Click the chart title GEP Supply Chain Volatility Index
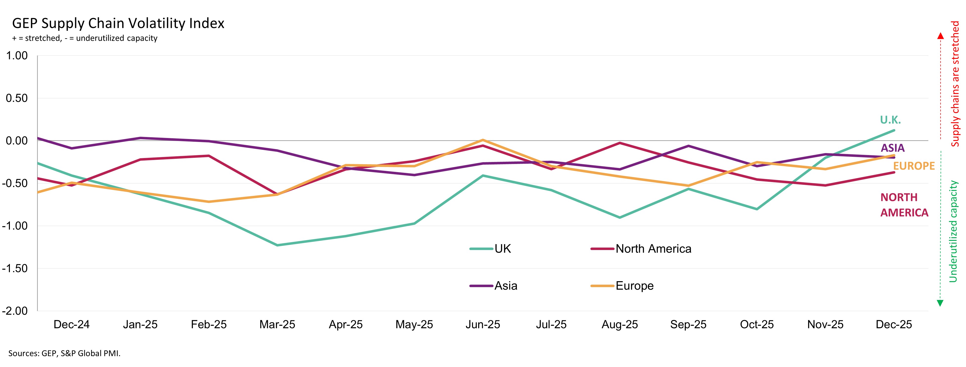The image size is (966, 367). pyautogui.click(x=118, y=23)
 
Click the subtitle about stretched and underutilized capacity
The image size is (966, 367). pyautogui.click(x=85, y=38)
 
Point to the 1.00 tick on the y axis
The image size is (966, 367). pyautogui.click(x=17, y=56)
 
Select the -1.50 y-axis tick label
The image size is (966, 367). pyautogui.click(x=15, y=268)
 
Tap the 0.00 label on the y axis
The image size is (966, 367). pyautogui.click(x=17, y=141)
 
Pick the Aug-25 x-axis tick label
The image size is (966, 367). pyautogui.click(x=620, y=324)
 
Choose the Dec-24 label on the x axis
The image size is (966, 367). pyautogui.click(x=72, y=324)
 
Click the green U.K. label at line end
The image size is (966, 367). pyautogui.click(x=890, y=120)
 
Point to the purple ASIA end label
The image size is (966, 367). pyautogui.click(x=893, y=148)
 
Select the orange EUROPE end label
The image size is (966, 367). pyautogui.click(x=914, y=166)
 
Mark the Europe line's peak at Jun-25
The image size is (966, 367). pyautogui.click(x=483, y=140)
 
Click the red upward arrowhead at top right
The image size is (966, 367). pyautogui.click(x=940, y=36)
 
